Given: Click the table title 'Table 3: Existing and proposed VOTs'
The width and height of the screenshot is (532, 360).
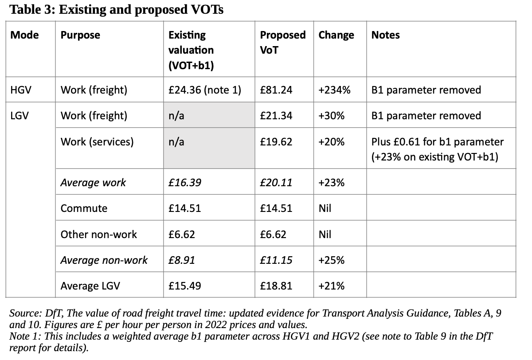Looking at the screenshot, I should coord(117,9).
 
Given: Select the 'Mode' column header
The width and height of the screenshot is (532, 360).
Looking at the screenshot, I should coord(25,35).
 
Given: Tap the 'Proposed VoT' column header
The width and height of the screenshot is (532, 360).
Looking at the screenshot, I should coord(282,42).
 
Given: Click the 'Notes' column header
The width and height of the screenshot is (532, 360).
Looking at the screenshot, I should coord(385,35).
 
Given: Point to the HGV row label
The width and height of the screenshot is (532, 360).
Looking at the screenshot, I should coord(20,90).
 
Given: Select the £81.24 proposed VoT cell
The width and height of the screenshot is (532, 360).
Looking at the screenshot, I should coord(276,90).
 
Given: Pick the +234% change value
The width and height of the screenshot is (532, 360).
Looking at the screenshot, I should coord(335,90).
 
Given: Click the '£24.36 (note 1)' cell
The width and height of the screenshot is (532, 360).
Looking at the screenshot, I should coord(205,90).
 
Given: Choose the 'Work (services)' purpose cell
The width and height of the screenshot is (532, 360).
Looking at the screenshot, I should coord(97,142).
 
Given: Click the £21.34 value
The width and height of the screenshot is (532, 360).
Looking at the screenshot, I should coord(276,116).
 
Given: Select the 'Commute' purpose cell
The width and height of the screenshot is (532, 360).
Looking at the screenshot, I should coord(84,208).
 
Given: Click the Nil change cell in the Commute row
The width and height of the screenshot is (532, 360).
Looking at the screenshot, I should coord(325,208).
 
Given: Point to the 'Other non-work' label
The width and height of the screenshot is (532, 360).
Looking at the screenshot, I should coord(99,234).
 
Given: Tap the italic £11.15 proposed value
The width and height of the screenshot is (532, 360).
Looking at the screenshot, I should coord(276,260).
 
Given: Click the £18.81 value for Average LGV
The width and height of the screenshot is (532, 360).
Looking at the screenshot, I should coord(276,286).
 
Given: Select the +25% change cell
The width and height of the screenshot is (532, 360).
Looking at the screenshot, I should coord(332,260).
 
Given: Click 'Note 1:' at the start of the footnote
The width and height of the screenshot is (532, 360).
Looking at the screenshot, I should coord(25,336).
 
